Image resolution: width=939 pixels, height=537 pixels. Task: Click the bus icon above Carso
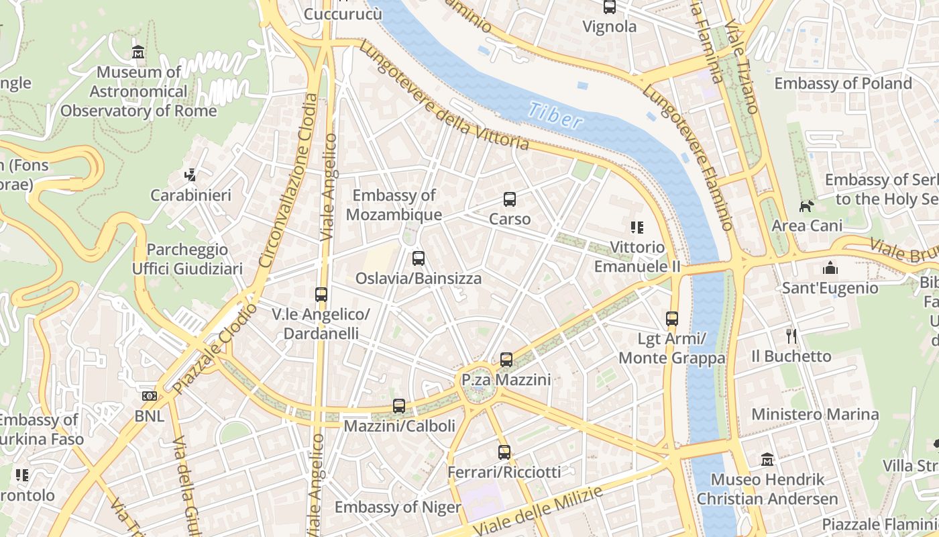point(510,199)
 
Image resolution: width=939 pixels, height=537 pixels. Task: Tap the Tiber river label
point(554,115)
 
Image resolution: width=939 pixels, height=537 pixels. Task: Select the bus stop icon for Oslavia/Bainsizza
point(419,258)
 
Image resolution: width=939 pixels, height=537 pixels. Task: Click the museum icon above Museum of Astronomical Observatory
point(138,52)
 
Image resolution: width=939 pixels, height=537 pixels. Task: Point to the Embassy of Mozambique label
point(394,205)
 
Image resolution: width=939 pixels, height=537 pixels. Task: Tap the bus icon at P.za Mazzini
point(506,360)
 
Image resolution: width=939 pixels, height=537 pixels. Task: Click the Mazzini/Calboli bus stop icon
point(399,405)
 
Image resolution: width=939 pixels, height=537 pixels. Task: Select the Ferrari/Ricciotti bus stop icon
point(504,452)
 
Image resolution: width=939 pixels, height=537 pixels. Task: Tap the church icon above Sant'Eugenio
point(830,268)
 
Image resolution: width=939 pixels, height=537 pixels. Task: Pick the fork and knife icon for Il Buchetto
point(791,336)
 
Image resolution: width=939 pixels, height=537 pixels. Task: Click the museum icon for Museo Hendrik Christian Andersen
point(767,460)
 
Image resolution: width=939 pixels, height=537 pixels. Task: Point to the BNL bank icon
point(149,396)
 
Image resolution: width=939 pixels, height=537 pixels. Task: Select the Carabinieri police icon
point(190,175)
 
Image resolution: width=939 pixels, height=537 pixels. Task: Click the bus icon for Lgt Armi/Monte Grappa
point(672,319)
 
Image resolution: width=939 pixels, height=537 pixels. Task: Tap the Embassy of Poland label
point(843,83)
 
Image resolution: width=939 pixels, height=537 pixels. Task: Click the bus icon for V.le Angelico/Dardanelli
point(321,294)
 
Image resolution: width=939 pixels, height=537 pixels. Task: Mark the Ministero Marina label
point(815,414)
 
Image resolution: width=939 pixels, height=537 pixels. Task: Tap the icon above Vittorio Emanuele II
point(637,228)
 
